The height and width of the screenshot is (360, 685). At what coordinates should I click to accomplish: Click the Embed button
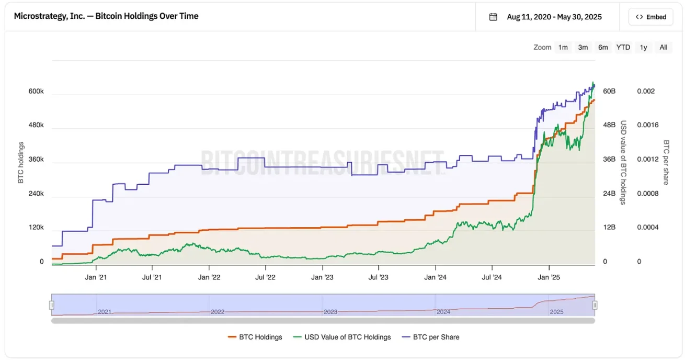pyautogui.click(x=651, y=17)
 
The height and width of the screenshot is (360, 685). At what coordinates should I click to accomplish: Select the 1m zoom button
pyautogui.click(x=563, y=47)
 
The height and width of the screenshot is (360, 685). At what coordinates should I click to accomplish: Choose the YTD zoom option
pyautogui.click(x=623, y=47)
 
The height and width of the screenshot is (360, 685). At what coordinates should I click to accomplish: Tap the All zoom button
pyautogui.click(x=663, y=47)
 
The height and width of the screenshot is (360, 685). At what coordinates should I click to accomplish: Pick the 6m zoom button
pyautogui.click(x=603, y=47)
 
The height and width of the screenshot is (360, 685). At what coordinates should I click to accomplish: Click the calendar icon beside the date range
pyautogui.click(x=493, y=17)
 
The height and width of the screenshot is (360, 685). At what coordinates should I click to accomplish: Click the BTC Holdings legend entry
pyautogui.click(x=255, y=337)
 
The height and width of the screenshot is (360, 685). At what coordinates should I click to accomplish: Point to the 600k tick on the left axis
pyautogui.click(x=36, y=92)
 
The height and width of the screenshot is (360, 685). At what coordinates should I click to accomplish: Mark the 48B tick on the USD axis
pyautogui.click(x=609, y=126)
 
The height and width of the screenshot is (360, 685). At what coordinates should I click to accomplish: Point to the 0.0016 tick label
pyautogui.click(x=647, y=126)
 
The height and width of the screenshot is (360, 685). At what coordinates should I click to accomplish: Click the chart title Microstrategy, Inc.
pyautogui.click(x=106, y=16)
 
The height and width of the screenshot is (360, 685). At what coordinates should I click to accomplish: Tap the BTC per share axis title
pyautogui.click(x=666, y=162)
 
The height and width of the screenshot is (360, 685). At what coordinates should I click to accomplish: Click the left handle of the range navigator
pyautogui.click(x=52, y=305)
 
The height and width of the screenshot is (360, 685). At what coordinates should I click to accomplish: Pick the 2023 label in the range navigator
pyautogui.click(x=330, y=312)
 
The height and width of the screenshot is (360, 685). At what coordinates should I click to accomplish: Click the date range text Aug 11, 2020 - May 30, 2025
pyautogui.click(x=554, y=17)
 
